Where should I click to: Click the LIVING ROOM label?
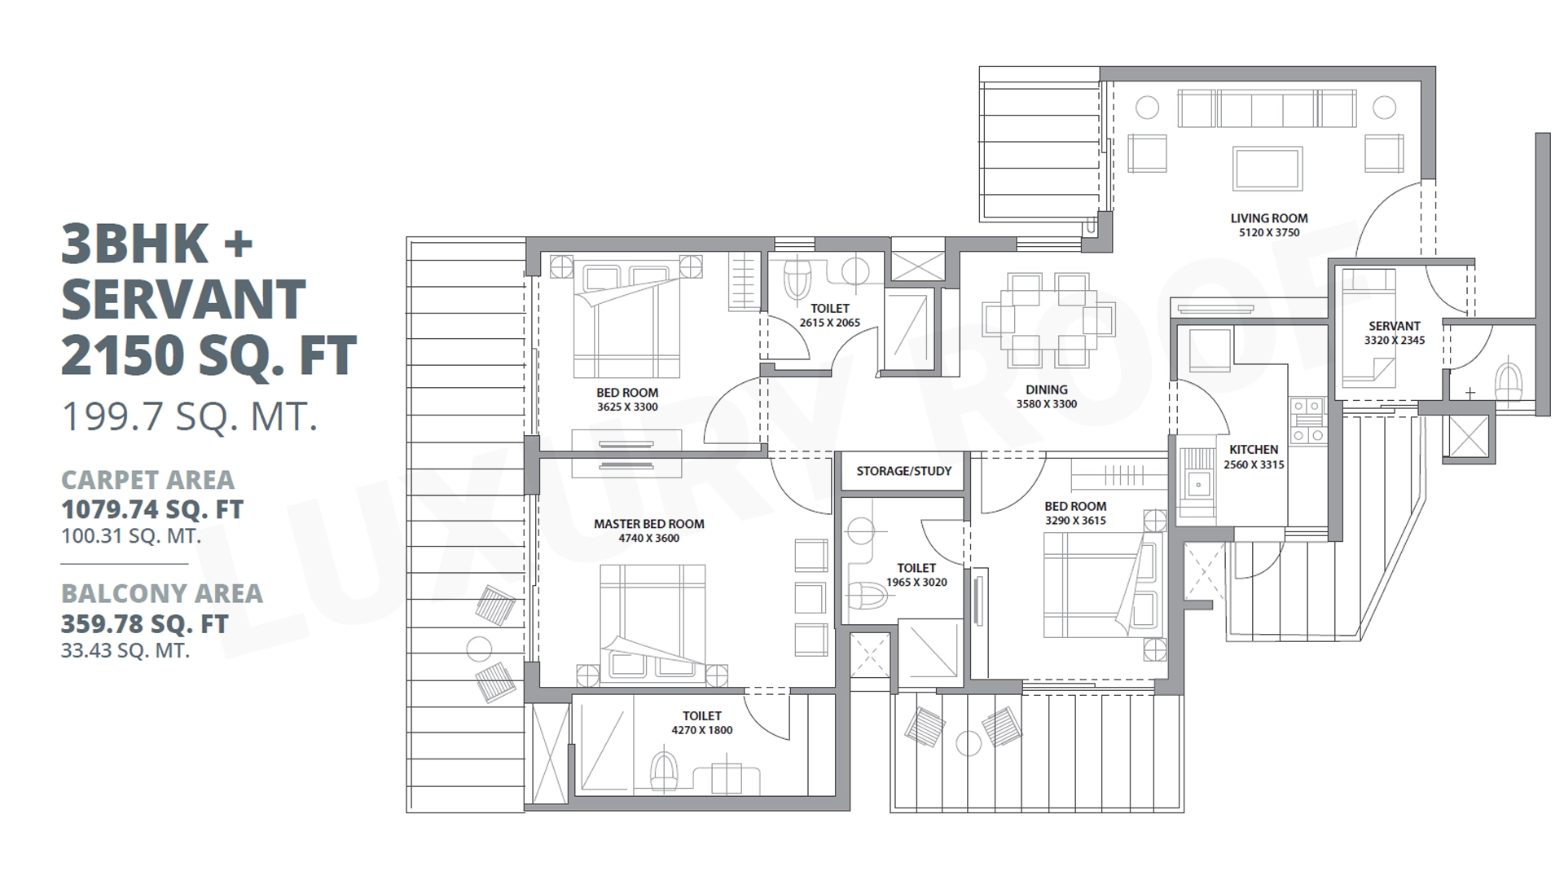pos(1269,218)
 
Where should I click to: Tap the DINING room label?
pos(1047,389)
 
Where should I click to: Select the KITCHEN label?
pos(1254,450)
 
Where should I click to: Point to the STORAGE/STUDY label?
pos(903,471)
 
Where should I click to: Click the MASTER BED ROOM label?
pos(648,524)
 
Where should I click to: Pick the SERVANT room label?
pos(1394,326)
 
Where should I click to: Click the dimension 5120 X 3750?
pos(1269,233)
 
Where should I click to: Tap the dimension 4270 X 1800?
pos(701,731)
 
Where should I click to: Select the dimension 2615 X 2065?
pos(829,323)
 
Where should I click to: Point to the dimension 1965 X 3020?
pos(916,583)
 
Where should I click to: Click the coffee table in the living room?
pos(1267,169)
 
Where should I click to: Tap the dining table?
pos(1048,319)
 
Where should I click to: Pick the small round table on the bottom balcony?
pos(969,743)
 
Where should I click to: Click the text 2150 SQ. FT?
pos(209,355)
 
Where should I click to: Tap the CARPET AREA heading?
pos(147,480)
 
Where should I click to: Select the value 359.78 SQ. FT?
pos(144,624)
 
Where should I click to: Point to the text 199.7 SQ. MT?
pos(189,417)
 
